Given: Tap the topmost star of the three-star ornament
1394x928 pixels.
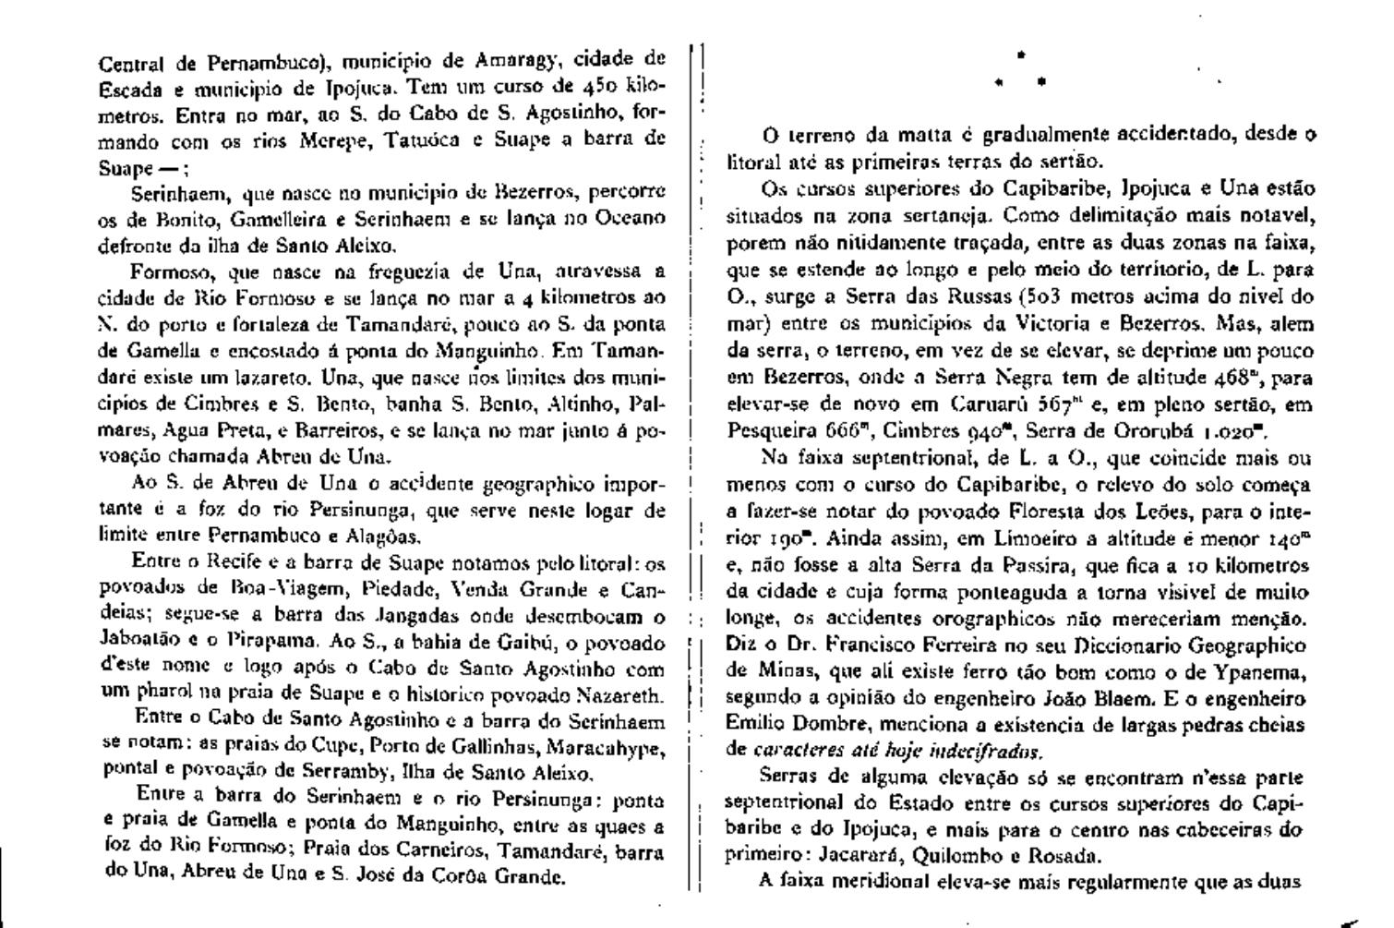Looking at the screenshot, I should pyautogui.click(x=1020, y=54).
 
